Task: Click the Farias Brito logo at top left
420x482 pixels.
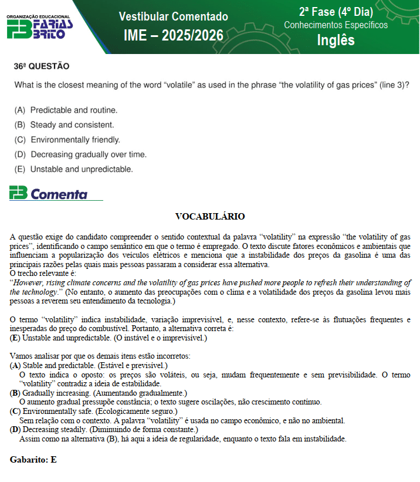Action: click(x=40, y=27)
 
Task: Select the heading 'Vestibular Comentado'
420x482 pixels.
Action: click(x=173, y=16)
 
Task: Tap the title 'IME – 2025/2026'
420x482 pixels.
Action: click(x=174, y=36)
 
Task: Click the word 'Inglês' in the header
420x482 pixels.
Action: click(x=336, y=40)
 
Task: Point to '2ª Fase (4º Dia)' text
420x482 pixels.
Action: click(x=336, y=12)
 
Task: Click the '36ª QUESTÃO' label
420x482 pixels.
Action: click(x=42, y=66)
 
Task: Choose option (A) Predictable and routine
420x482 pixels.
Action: click(x=66, y=110)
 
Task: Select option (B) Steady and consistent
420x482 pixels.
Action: click(x=65, y=124)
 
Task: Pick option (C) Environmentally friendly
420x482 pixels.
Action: click(x=67, y=140)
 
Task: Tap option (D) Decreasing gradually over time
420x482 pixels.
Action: click(x=80, y=154)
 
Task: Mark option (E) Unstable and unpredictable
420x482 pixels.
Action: click(x=74, y=169)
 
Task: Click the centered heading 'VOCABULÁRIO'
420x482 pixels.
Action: click(x=210, y=217)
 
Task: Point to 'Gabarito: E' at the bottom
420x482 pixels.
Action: click(x=33, y=460)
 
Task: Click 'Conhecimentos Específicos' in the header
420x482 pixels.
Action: click(x=336, y=25)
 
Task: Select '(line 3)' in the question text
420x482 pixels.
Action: click(x=392, y=85)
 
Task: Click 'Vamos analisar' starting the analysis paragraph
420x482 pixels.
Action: click(x=36, y=356)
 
